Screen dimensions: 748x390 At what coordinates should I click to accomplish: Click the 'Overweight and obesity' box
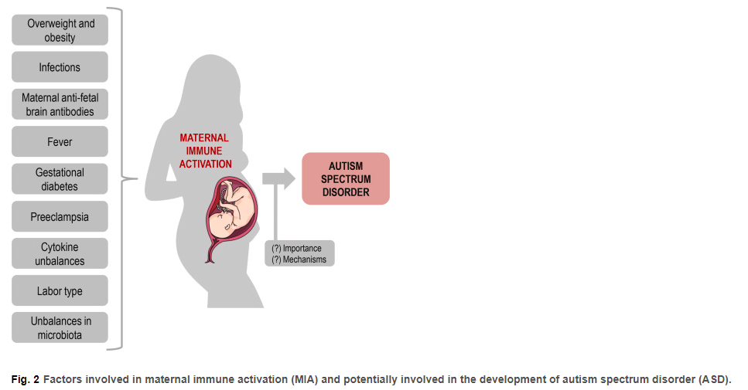pyautogui.click(x=60, y=30)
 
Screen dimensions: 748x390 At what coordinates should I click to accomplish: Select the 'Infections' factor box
pyautogui.click(x=60, y=67)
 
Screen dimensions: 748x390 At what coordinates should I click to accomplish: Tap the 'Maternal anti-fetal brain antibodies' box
pyautogui.click(x=60, y=104)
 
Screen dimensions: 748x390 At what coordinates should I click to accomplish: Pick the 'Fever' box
pyautogui.click(x=60, y=141)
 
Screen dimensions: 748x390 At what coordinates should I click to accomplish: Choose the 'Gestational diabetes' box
pyautogui.click(x=60, y=179)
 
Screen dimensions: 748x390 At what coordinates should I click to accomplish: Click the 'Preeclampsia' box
pyautogui.click(x=60, y=217)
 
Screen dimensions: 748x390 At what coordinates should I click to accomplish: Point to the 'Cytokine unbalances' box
pyautogui.click(x=60, y=254)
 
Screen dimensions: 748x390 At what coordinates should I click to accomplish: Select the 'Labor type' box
pyautogui.click(x=60, y=291)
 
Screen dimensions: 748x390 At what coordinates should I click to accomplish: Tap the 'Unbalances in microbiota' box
pyautogui.click(x=60, y=327)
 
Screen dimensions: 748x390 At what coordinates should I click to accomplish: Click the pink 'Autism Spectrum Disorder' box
pyautogui.click(x=346, y=178)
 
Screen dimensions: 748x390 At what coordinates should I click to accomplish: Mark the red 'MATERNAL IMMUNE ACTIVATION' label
pyautogui.click(x=205, y=151)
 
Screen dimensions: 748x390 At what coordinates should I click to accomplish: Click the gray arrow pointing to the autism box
pyautogui.click(x=279, y=178)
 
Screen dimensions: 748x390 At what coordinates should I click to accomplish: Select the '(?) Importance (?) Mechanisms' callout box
pyautogui.click(x=299, y=253)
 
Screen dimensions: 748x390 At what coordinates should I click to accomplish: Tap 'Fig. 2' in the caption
pyautogui.click(x=26, y=379)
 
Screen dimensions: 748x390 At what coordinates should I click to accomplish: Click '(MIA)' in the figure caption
pyautogui.click(x=304, y=379)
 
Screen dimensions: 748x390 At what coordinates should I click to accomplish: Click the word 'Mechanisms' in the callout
pyautogui.click(x=304, y=259)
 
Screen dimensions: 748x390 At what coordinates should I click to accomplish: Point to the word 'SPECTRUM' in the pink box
pyautogui.click(x=346, y=179)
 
